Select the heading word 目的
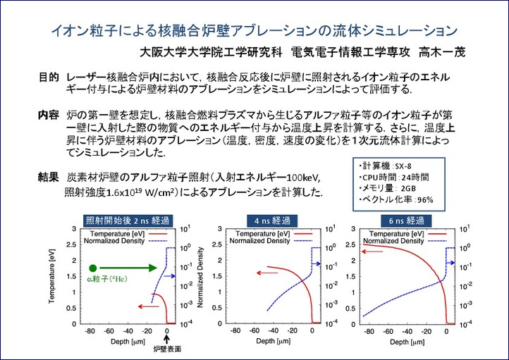click(x=48, y=76)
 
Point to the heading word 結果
click(x=48, y=177)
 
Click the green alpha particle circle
click(x=93, y=268)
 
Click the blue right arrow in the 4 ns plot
click(x=317, y=263)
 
